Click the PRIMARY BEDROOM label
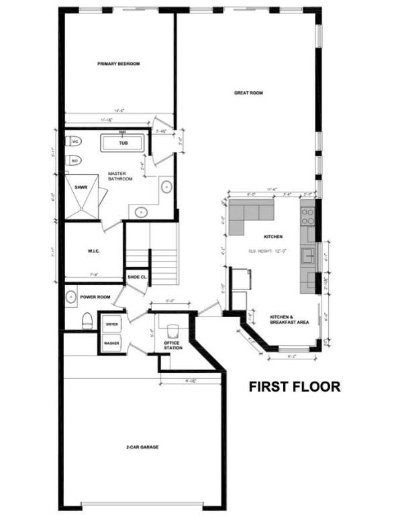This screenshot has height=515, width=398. pyautogui.click(x=118, y=64)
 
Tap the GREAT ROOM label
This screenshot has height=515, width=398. pyautogui.click(x=248, y=93)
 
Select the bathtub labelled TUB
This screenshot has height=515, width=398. pyautogui.click(x=123, y=144)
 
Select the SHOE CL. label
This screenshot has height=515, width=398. pyautogui.click(x=137, y=277)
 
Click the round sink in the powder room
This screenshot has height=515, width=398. pyautogui.click(x=72, y=296)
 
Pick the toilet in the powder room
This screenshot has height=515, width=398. pyautogui.click(x=87, y=321)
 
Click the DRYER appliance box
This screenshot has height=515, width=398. pyautogui.click(x=112, y=325)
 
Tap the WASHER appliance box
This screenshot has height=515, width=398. pyautogui.click(x=112, y=343)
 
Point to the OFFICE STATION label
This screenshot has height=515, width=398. pyautogui.click(x=173, y=344)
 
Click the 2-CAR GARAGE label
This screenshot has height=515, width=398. pyautogui.click(x=142, y=447)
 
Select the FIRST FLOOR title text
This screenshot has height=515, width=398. pyautogui.click(x=294, y=387)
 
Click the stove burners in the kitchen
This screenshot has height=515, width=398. pyautogui.click(x=307, y=216)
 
